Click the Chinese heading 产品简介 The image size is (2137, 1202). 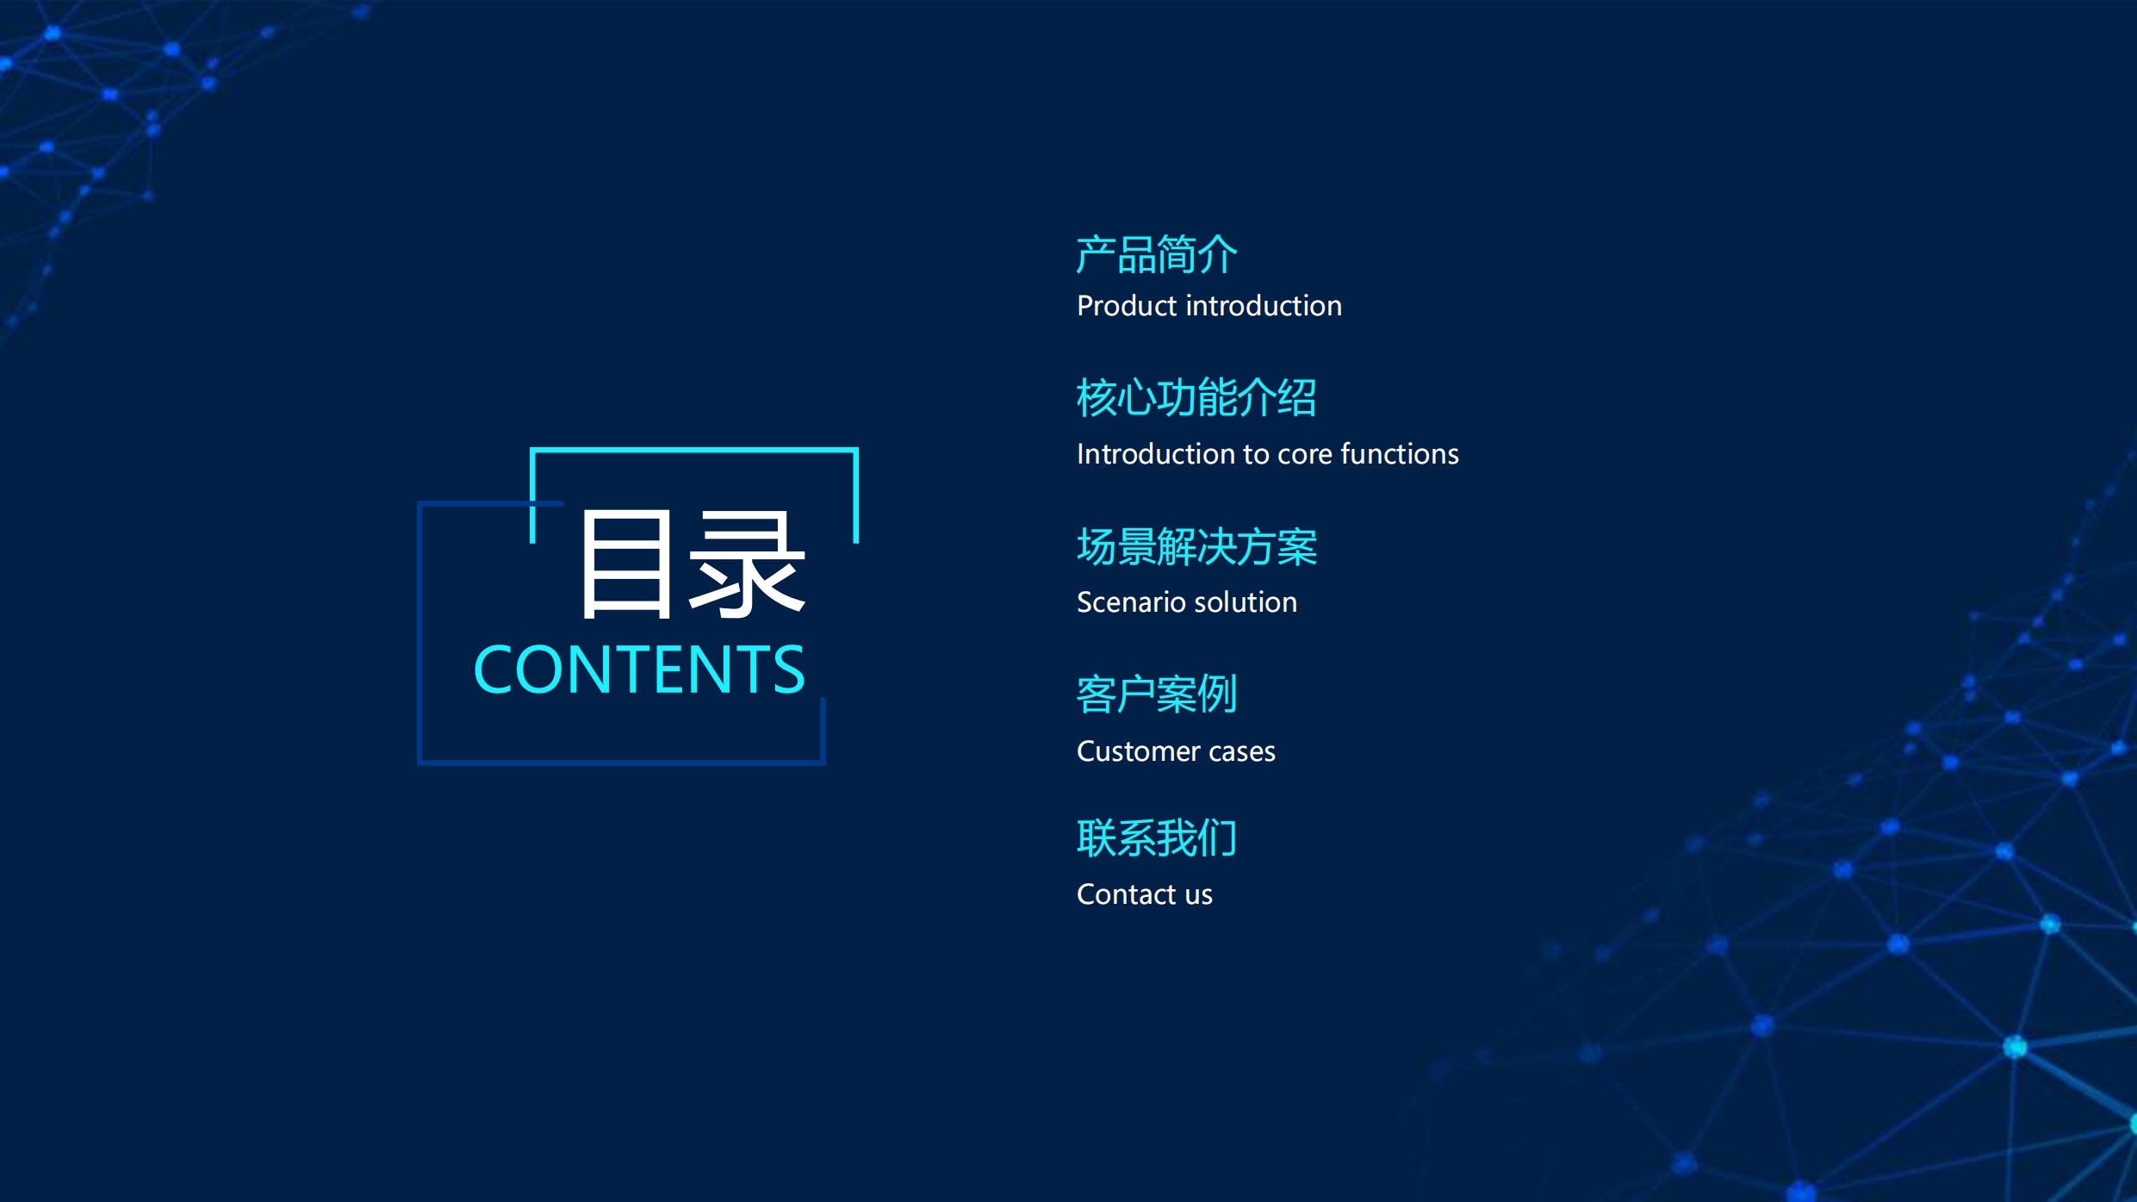[1157, 255]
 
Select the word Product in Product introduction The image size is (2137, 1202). [1127, 306]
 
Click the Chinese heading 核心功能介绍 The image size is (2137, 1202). [1196, 398]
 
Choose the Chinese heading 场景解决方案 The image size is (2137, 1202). [1197, 547]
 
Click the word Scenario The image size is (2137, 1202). [1130, 602]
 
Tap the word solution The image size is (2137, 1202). [1245, 602]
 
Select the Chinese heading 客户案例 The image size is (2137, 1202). [1157, 694]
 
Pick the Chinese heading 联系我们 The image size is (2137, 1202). [1157, 838]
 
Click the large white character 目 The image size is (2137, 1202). [626, 564]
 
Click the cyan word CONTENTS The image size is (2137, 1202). [639, 670]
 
